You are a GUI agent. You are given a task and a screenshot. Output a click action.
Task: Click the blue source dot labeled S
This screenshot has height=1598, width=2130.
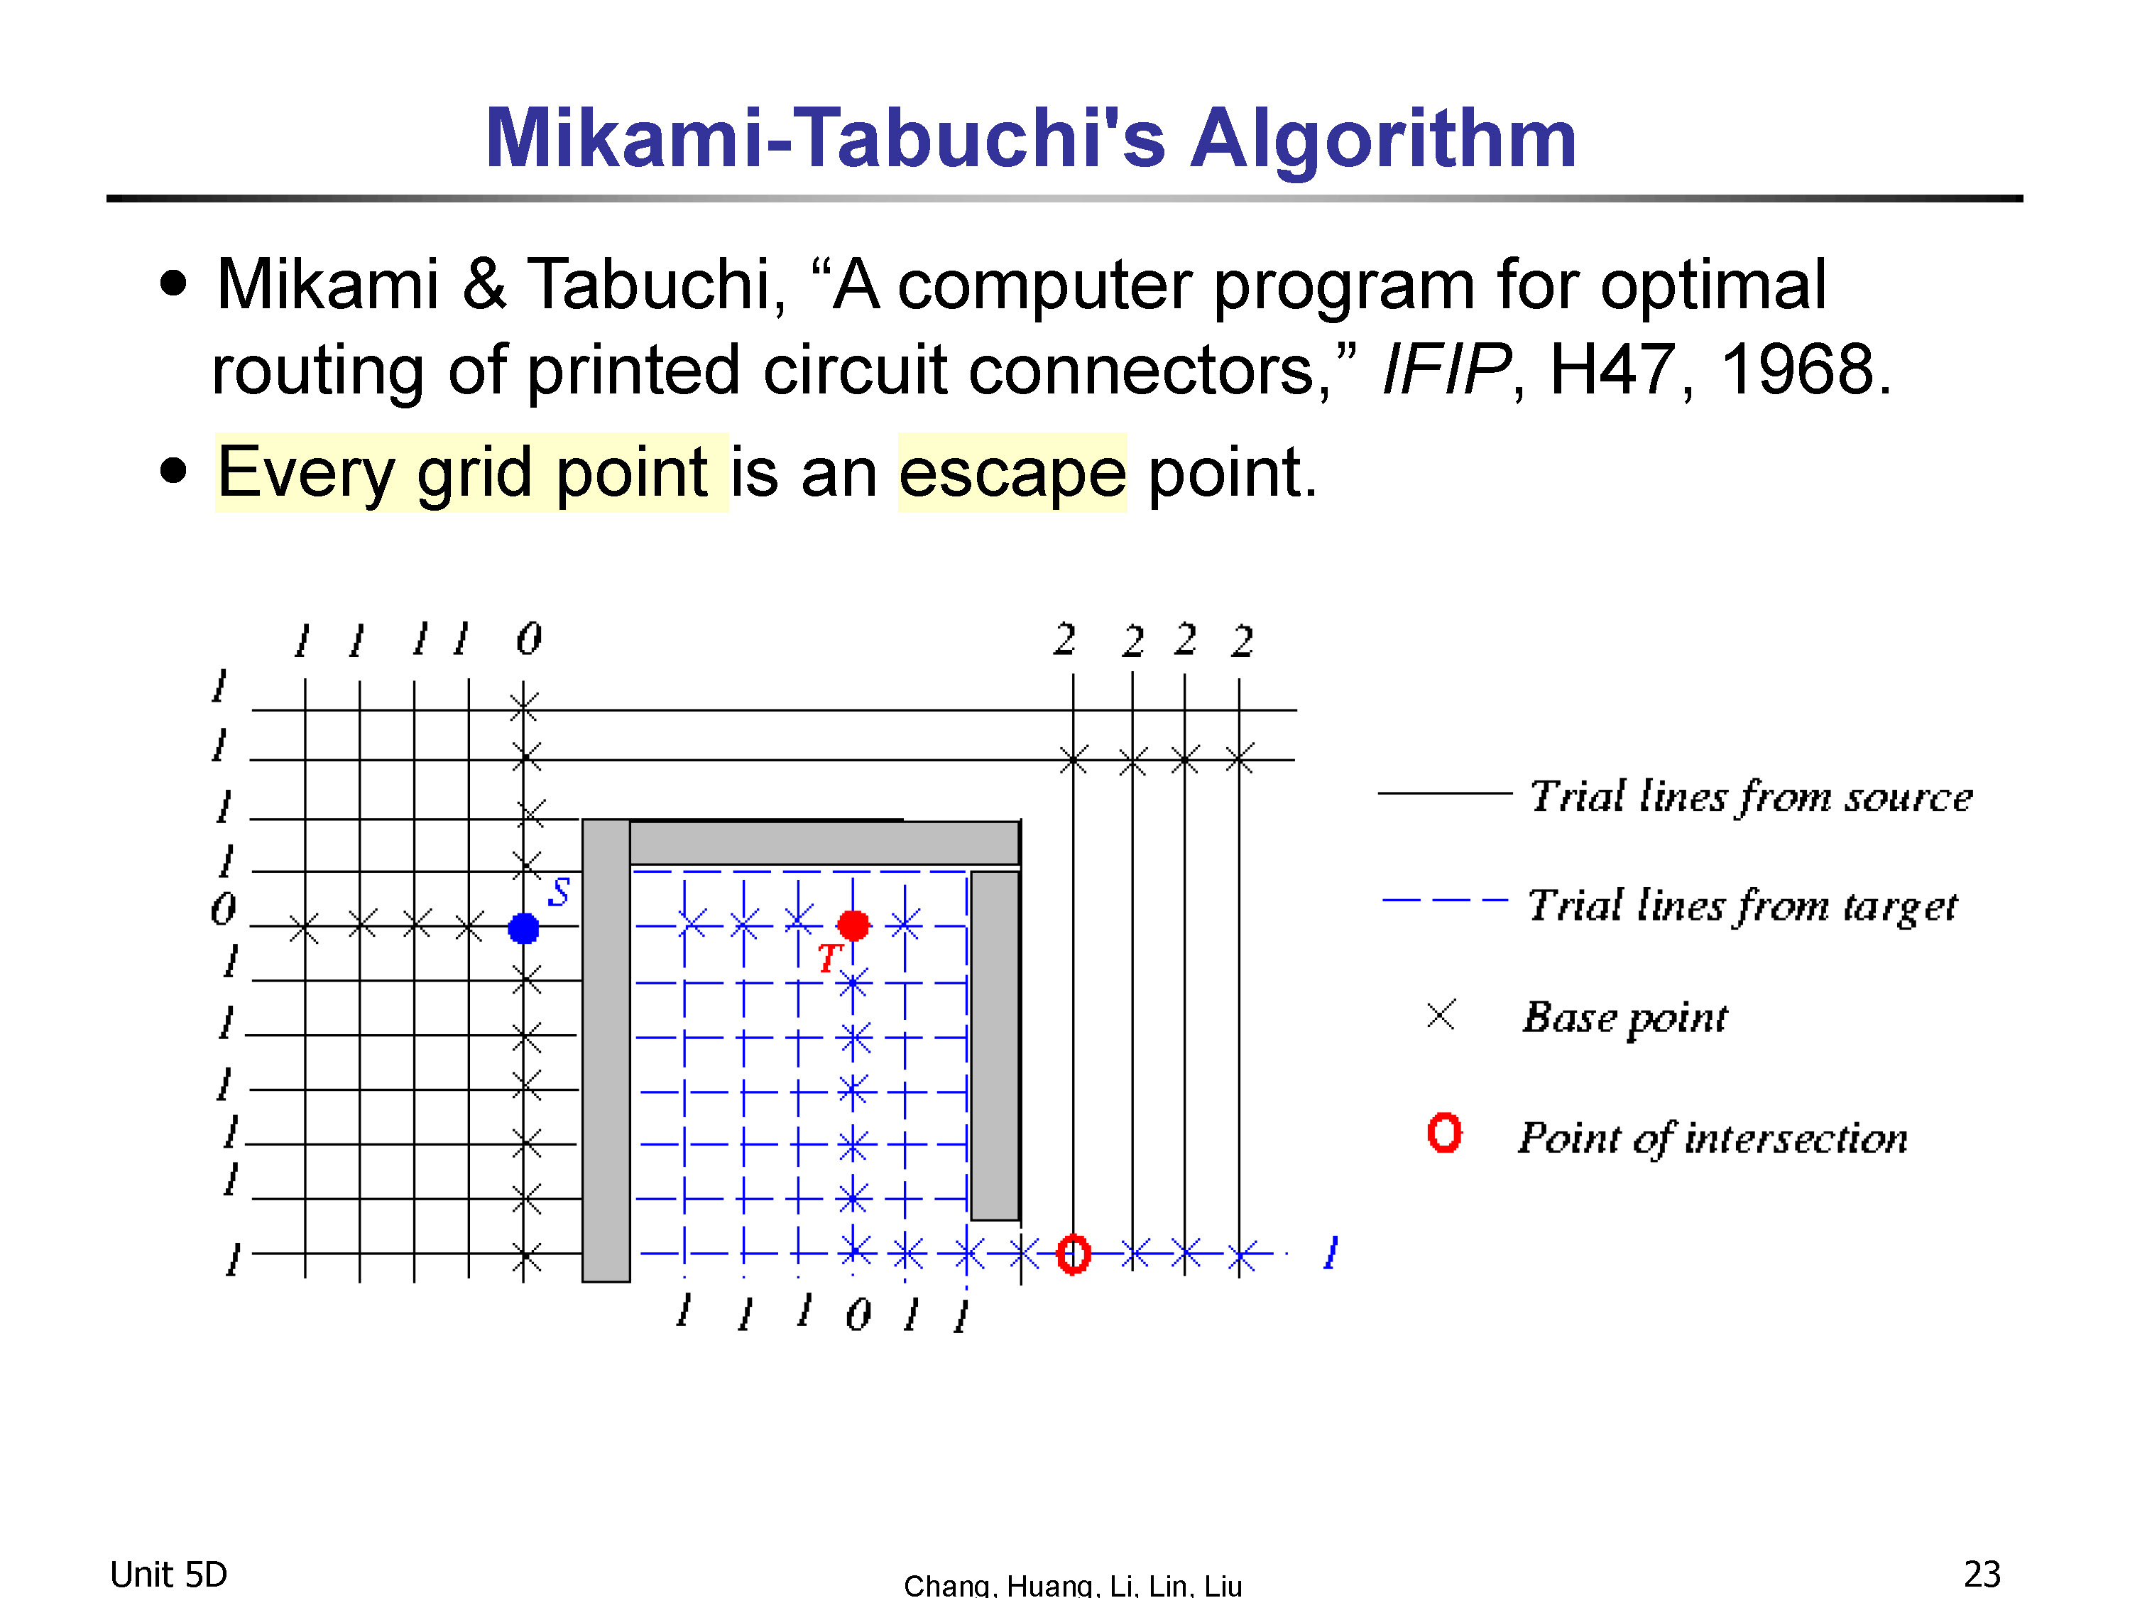(523, 928)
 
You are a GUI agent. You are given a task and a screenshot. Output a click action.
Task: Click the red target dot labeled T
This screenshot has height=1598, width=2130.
(853, 925)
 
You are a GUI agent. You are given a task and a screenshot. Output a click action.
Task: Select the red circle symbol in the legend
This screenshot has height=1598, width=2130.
(1444, 1133)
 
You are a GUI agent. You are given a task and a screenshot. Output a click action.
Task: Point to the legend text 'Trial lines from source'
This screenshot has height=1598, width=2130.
(1751, 797)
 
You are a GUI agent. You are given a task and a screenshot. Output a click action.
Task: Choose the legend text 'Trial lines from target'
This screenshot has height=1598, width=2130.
(1743, 906)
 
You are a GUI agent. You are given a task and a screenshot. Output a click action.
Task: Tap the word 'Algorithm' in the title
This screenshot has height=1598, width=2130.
(1383, 138)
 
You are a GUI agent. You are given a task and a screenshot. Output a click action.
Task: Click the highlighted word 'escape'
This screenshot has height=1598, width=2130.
(1012, 472)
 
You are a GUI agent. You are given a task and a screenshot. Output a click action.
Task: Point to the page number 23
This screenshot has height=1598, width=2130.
(1982, 1574)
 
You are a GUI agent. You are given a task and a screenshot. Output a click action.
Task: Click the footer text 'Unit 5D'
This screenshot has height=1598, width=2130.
(168, 1574)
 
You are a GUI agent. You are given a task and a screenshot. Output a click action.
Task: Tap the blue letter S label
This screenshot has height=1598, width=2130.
(559, 892)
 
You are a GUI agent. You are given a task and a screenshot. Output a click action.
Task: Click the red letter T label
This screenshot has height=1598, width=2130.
(828, 957)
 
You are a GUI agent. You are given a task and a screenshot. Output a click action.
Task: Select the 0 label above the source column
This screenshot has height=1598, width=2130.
(529, 638)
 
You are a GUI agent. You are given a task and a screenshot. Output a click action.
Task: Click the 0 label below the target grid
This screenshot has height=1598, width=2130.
(858, 1314)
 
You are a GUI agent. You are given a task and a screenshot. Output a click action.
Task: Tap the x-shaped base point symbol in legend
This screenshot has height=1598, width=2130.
(1441, 1014)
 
